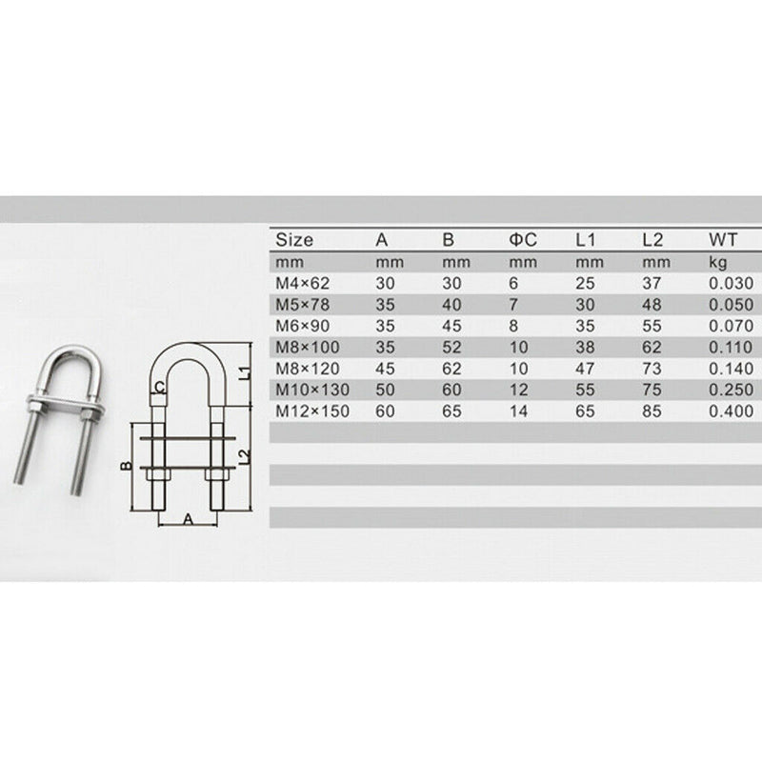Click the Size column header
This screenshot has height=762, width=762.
coord(293,240)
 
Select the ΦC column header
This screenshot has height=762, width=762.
coord(522,240)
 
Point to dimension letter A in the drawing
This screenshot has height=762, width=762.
coord(187,519)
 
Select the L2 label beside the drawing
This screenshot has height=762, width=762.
coord(244,458)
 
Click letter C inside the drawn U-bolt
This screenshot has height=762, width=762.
coord(160,387)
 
